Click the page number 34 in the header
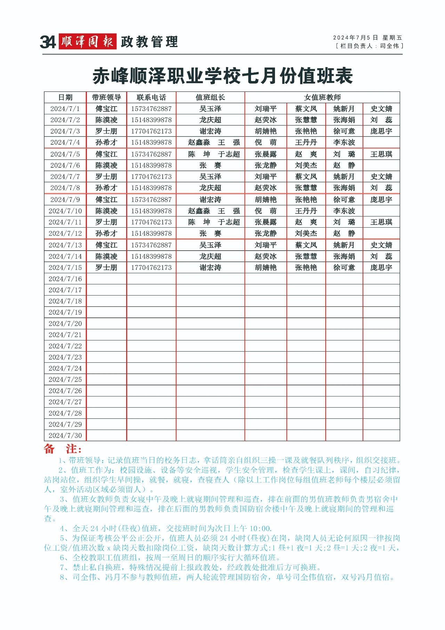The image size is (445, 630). tap(48, 42)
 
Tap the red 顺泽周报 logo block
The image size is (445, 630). tap(87, 42)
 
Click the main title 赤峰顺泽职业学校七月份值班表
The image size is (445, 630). tap(222, 76)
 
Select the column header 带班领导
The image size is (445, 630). tap(106, 97)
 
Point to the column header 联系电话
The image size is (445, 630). tap(151, 97)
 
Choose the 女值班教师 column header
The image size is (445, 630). tap(322, 97)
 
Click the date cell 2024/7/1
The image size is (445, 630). tap(65, 109)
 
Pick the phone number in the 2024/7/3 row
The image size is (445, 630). tap(151, 132)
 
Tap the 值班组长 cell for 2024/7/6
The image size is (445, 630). tap(210, 166)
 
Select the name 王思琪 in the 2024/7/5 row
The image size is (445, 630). tap(381, 154)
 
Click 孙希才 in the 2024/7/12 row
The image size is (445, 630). tap(106, 234)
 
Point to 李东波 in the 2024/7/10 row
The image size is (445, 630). tap(344, 211)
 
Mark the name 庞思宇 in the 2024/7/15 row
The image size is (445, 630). tap(381, 268)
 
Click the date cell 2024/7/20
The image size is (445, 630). tap(65, 324)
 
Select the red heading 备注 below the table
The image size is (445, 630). tap(63, 449)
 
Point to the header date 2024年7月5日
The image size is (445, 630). tap(355, 38)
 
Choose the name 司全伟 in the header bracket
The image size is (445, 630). tap(389, 46)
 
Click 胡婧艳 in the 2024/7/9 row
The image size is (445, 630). tap(266, 200)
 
